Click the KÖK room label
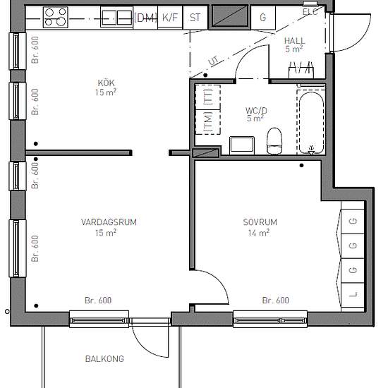point(106,83)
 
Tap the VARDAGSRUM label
point(109,222)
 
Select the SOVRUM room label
point(260,222)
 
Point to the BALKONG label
point(104,359)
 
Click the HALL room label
point(294,41)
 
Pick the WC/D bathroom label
point(256,110)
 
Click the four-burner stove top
point(56,17)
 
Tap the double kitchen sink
point(116,17)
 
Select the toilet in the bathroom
point(274,140)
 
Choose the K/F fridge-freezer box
point(170,18)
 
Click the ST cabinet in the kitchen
point(195,18)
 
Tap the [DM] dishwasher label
point(145,18)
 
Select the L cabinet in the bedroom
point(353,295)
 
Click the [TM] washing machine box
point(208,122)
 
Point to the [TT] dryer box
point(208,97)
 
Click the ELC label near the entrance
point(310,11)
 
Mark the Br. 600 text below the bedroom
point(276,300)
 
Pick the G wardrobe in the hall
point(263,18)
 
